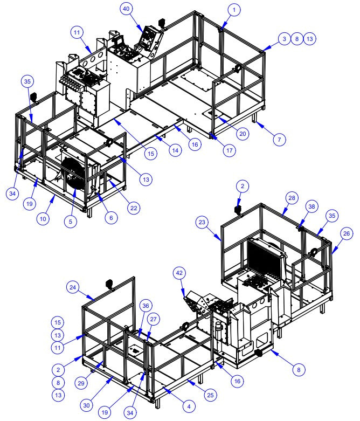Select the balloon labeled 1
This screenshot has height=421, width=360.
(x=233, y=9)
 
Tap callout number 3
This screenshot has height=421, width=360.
(x=284, y=39)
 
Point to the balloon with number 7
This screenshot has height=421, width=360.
(x=279, y=139)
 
